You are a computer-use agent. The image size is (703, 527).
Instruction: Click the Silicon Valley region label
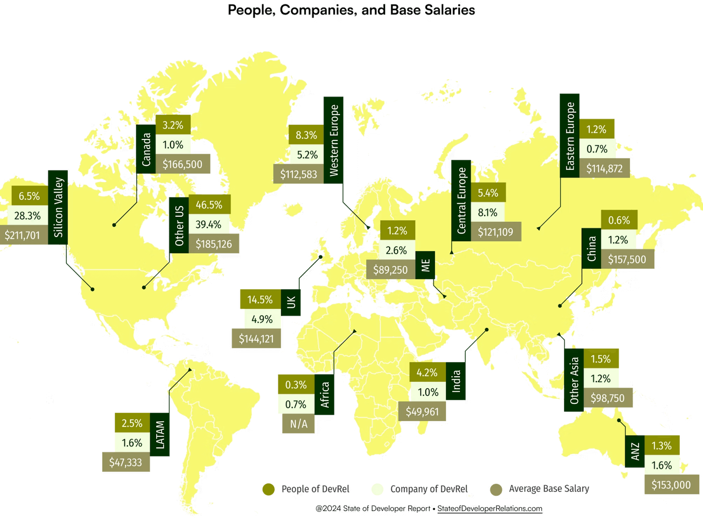(x=58, y=207)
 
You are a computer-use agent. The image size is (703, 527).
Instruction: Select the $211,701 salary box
(x=23, y=235)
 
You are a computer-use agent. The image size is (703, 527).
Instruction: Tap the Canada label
(x=146, y=149)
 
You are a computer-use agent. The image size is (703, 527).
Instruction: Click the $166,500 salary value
(x=182, y=165)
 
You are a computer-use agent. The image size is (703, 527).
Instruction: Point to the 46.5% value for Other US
(x=209, y=205)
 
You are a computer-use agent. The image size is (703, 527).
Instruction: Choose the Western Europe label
(x=333, y=141)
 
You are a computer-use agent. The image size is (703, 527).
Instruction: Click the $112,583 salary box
(x=299, y=174)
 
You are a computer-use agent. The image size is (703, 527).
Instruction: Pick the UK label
(x=291, y=302)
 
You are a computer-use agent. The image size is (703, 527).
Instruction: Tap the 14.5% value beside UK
(x=260, y=300)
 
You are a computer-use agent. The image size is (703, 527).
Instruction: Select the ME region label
(x=425, y=265)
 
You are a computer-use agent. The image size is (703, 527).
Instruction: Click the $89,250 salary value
(x=391, y=270)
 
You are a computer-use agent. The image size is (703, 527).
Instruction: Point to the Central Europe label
(x=461, y=200)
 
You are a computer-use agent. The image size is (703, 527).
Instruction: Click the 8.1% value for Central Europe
(x=488, y=213)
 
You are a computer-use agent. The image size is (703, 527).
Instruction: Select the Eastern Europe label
(x=570, y=136)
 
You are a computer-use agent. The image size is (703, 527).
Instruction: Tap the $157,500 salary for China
(x=627, y=260)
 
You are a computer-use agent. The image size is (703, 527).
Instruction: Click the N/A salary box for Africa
(x=298, y=424)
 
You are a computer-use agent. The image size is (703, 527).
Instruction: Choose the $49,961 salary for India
(x=422, y=412)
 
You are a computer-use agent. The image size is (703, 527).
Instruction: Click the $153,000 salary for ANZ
(x=671, y=485)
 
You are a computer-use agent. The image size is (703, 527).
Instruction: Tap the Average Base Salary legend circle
(x=496, y=489)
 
